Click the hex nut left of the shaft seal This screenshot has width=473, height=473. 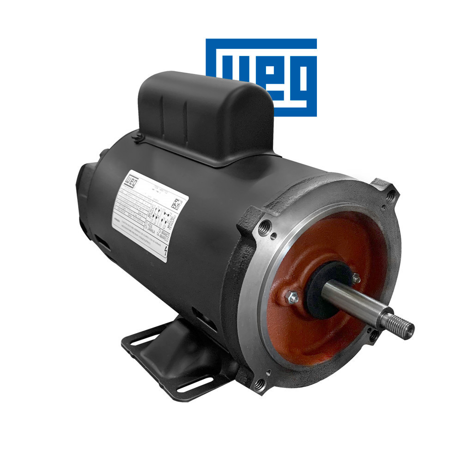tap(293, 298)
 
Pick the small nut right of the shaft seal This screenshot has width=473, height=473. tap(356, 278)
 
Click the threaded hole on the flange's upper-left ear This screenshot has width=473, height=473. tap(265, 226)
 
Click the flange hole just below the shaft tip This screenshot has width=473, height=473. tap(373, 336)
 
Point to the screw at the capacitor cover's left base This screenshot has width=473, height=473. tap(136, 137)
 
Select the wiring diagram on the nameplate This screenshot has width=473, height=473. tap(159, 217)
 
